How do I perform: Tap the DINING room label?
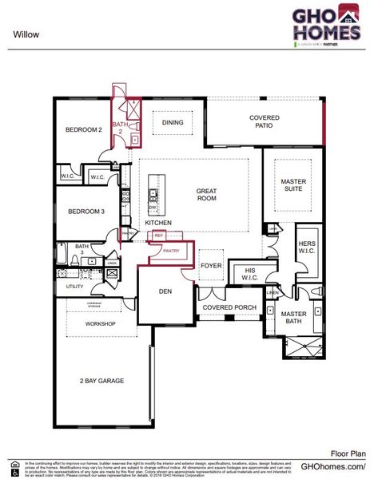[x=173, y=123]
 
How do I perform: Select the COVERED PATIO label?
[x=265, y=121]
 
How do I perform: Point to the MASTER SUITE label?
[x=293, y=185]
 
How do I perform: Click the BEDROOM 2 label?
[x=84, y=129]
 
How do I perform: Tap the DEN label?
[x=166, y=291]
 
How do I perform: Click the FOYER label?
[x=211, y=265]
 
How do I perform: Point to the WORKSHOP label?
[x=101, y=323]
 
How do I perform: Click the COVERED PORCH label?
[x=228, y=307]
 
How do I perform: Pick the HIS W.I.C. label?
[x=249, y=274]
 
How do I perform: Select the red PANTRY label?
[x=171, y=251]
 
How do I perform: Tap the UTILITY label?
[x=74, y=286]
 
